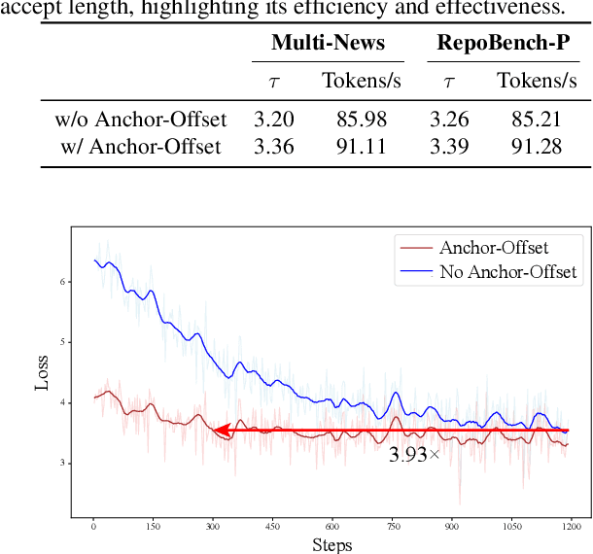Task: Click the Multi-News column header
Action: (x=329, y=44)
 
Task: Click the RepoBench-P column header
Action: (x=503, y=44)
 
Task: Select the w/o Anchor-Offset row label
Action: (x=140, y=120)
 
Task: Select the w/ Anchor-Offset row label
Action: (x=140, y=147)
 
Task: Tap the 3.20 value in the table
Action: (x=274, y=120)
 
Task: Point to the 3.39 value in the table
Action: (x=449, y=147)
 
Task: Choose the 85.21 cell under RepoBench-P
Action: (x=537, y=120)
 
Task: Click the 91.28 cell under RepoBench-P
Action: (x=537, y=147)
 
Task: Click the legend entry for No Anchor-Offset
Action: (x=507, y=272)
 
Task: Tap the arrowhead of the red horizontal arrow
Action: (x=220, y=430)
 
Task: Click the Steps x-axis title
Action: (x=331, y=544)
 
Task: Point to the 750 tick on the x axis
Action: (x=391, y=526)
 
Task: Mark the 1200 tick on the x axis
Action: (x=570, y=526)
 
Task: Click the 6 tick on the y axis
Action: (x=63, y=282)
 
